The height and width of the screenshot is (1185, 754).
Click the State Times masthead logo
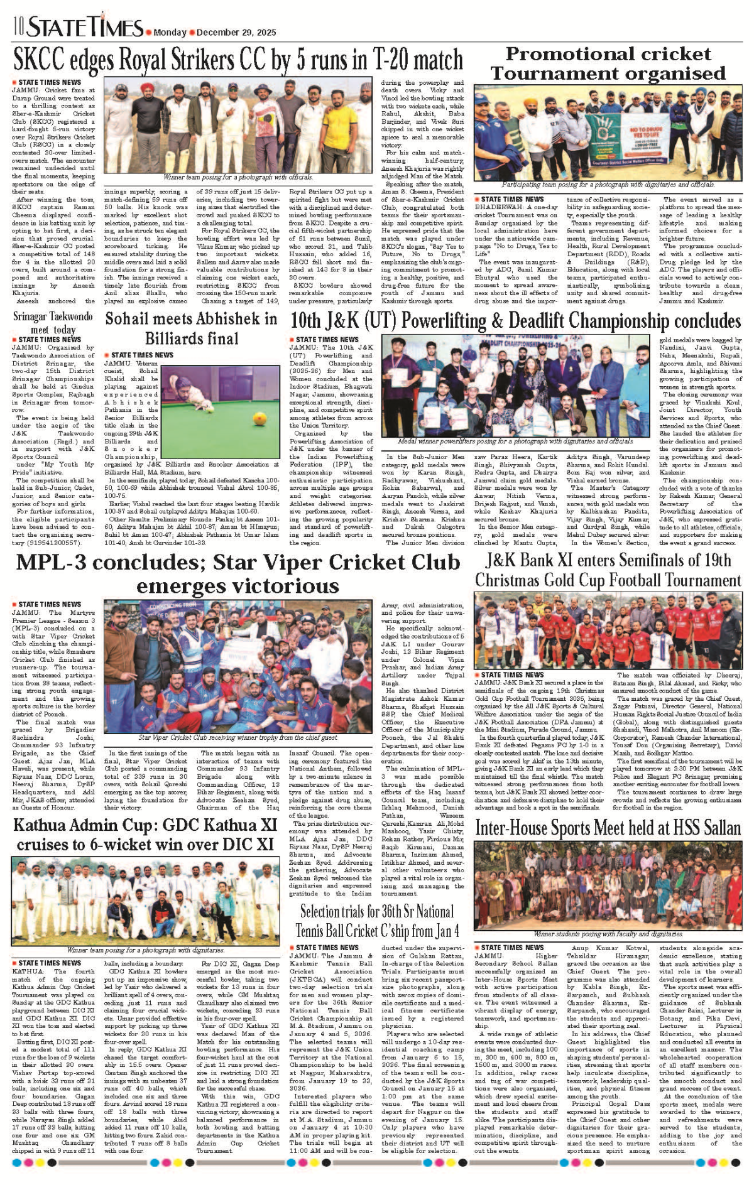[x=85, y=28]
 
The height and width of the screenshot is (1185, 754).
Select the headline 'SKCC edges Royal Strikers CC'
[x=238, y=61]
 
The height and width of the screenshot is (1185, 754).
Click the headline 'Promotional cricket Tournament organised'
[x=608, y=63]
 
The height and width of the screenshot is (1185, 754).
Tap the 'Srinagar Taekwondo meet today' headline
[x=53, y=323]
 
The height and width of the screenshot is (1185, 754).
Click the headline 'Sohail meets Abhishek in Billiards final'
[x=191, y=328]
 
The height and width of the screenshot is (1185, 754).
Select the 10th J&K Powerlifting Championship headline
[x=515, y=321]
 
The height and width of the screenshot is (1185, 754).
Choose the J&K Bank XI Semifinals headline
[x=608, y=570]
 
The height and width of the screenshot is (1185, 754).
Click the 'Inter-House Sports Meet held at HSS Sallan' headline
[x=608, y=828]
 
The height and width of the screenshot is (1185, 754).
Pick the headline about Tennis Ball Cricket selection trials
[x=376, y=920]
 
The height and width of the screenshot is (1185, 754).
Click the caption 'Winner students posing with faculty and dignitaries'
[x=608, y=934]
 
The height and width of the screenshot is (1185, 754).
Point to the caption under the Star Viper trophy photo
[x=238, y=738]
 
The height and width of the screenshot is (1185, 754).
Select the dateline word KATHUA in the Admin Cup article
[x=28, y=971]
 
